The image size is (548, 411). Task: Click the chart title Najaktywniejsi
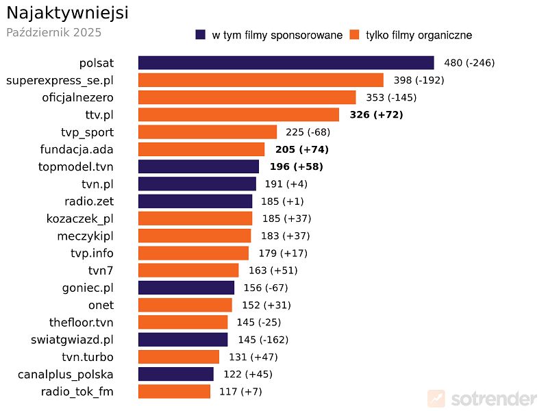[x=67, y=13]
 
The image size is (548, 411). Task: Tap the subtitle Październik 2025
[x=53, y=32]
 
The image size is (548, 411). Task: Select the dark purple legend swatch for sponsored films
[x=201, y=35]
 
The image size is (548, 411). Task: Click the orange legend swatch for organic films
[x=354, y=35]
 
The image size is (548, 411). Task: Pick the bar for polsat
[x=286, y=63]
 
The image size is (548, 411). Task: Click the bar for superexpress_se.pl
[x=260, y=80]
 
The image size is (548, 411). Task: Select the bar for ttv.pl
[x=238, y=114]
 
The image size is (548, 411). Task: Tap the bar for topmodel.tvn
[x=199, y=166]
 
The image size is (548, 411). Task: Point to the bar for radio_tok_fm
[x=174, y=392]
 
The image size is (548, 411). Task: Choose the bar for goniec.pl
[x=186, y=288]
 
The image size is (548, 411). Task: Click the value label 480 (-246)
[x=469, y=63]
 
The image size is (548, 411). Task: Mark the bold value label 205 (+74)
[x=302, y=149]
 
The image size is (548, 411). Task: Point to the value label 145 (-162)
[x=262, y=340]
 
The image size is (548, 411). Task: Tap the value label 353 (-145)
[x=391, y=97]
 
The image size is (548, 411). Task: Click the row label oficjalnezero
[x=77, y=97]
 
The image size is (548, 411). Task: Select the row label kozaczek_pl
[x=79, y=219]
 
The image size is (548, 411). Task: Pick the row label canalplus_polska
[x=66, y=375]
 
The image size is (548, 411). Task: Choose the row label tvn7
[x=101, y=271]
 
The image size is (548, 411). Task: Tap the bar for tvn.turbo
[x=179, y=357]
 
